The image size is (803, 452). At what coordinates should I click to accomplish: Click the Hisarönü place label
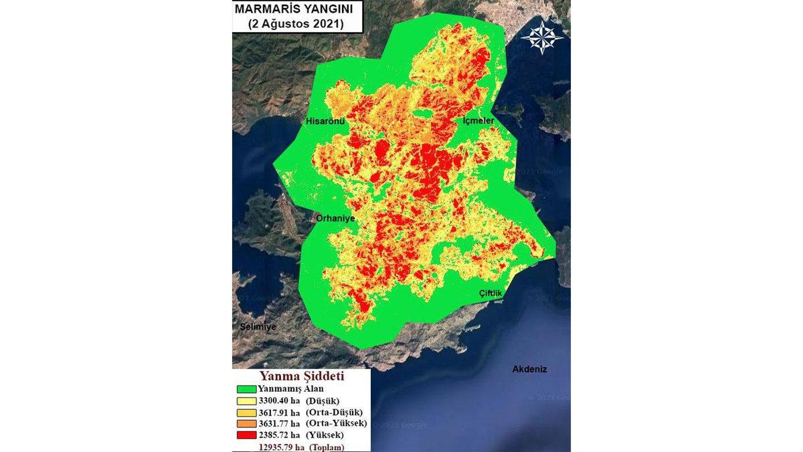point(325,121)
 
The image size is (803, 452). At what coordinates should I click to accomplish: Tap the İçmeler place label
point(478,121)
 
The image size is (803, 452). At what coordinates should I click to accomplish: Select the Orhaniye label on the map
point(335,218)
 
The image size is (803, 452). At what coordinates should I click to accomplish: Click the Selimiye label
point(258,326)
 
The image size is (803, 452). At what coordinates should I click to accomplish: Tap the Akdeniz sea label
point(529,369)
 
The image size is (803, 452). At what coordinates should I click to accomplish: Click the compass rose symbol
point(542,37)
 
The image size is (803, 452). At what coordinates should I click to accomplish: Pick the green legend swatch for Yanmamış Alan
point(246,389)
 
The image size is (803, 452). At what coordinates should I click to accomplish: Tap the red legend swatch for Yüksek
point(246,435)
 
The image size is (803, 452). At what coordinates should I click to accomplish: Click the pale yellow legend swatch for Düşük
point(246,400)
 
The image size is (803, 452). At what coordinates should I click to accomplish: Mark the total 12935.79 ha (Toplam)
point(300,446)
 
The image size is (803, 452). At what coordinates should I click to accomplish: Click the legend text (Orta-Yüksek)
point(336,423)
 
